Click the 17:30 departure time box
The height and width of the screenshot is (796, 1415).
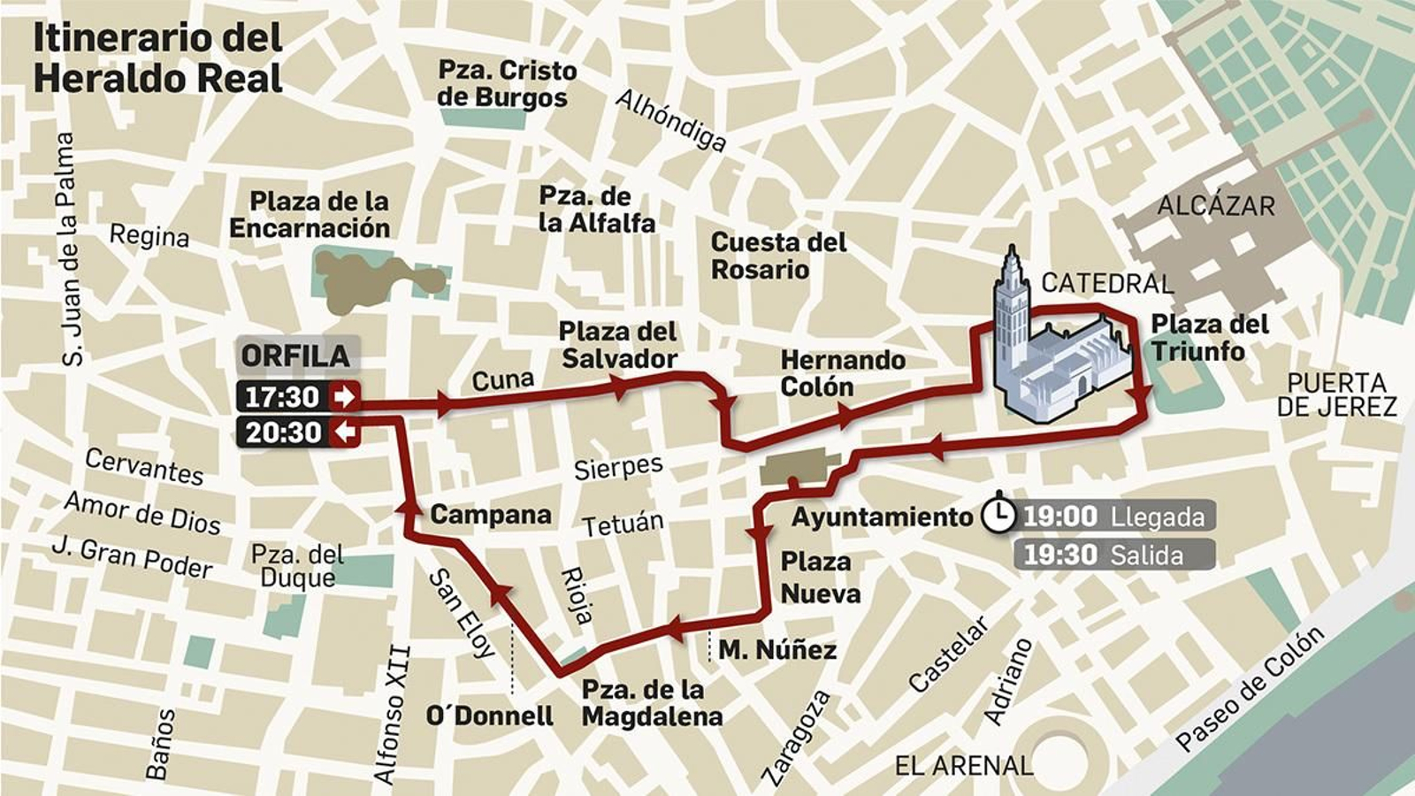pyautogui.click(x=297, y=396)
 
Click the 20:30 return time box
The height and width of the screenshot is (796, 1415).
pyautogui.click(x=297, y=432)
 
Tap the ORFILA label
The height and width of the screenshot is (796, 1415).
pyautogui.click(x=295, y=356)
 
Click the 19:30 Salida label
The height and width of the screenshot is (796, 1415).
pyautogui.click(x=1113, y=555)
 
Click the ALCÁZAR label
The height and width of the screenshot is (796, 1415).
pyautogui.click(x=1216, y=206)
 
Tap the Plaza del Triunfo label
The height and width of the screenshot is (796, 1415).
pyautogui.click(x=1209, y=338)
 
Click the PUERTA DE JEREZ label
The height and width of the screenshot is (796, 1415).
pyautogui.click(x=1336, y=395)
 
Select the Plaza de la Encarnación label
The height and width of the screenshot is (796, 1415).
pyautogui.click(x=310, y=215)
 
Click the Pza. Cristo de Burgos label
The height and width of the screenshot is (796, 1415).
pyautogui.click(x=507, y=84)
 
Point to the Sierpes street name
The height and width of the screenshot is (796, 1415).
pyautogui.click(x=618, y=466)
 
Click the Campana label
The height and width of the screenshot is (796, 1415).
pyautogui.click(x=491, y=515)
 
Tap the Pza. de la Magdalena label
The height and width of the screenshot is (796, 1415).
pyautogui.click(x=652, y=703)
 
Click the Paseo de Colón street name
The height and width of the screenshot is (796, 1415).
pyautogui.click(x=1250, y=689)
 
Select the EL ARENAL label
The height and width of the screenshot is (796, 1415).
pyautogui.click(x=963, y=766)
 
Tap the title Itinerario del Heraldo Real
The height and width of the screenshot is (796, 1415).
pyautogui.click(x=157, y=57)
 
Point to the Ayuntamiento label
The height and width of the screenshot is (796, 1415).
pyautogui.click(x=882, y=517)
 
